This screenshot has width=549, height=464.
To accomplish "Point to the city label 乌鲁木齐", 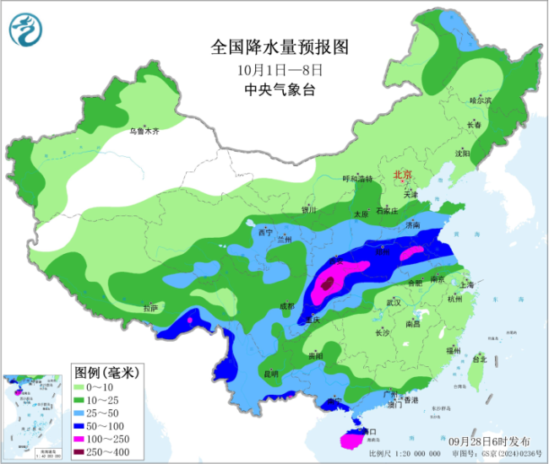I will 144,131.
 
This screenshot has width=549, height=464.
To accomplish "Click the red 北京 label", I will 402,175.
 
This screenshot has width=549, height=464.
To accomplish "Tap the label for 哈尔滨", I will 479,100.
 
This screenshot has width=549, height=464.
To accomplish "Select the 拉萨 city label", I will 150,309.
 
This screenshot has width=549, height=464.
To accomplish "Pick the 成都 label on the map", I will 288,306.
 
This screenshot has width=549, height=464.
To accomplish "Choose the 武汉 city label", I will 392,302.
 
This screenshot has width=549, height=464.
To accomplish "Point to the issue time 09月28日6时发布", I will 490,440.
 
